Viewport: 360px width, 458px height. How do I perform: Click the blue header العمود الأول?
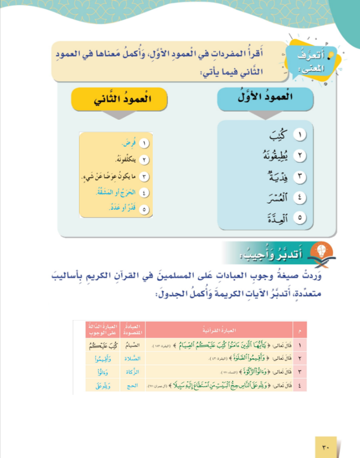265,100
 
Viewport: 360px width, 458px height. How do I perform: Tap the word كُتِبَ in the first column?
275,136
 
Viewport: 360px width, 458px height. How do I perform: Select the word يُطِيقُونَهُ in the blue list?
270,156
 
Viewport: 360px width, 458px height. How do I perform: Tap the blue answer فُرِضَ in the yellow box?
127,143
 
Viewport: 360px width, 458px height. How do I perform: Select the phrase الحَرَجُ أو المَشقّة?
113,193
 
